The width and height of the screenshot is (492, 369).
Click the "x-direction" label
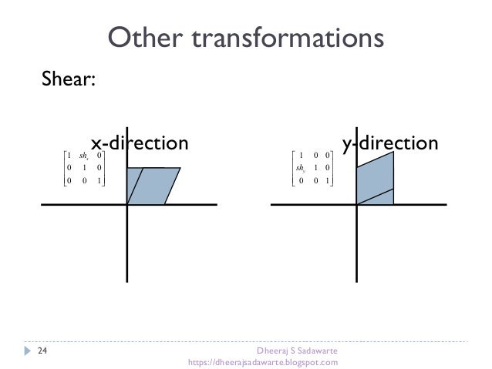(140, 143)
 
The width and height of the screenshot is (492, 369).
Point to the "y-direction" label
(390, 143)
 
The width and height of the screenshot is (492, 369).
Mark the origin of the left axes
(127, 204)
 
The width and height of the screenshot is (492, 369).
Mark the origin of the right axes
(357, 204)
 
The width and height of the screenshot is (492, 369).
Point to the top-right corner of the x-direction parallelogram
(180, 168)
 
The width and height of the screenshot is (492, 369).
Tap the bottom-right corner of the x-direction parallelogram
(163, 204)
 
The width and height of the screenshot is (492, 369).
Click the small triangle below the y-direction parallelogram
(382, 199)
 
